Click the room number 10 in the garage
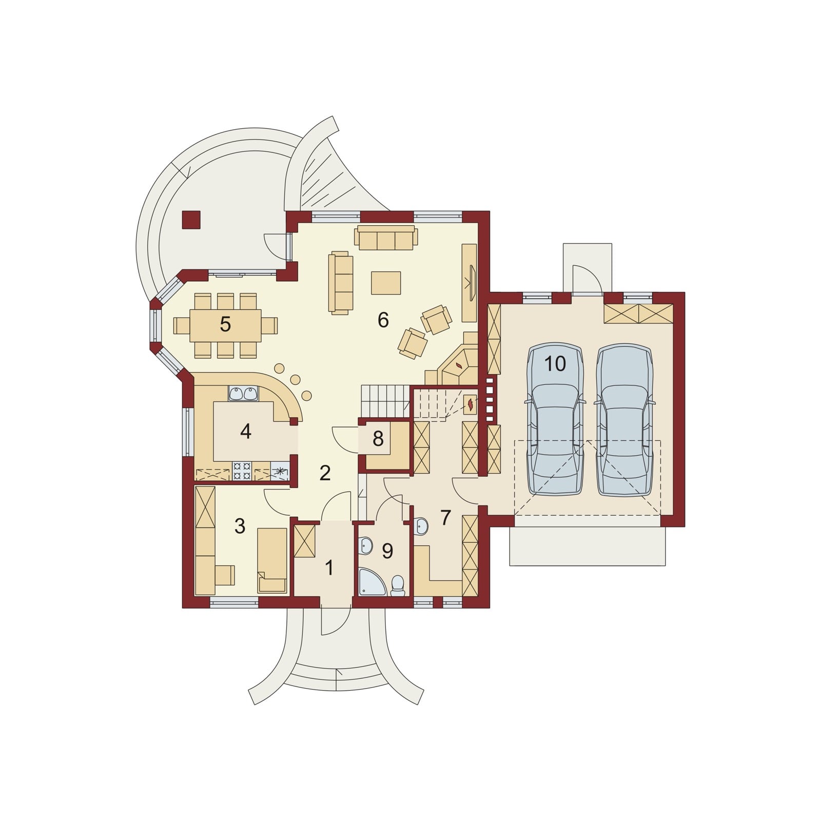tap(555, 364)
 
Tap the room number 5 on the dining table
tap(225, 324)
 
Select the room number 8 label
tap(378, 439)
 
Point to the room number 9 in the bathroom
tap(387, 551)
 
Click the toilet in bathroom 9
tap(398, 586)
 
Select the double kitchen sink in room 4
tap(243, 394)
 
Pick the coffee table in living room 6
tap(386, 282)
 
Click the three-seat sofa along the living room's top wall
tap(386, 238)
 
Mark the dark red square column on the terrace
tap(191, 220)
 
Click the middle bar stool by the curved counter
tap(296, 379)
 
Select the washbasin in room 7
tap(421, 526)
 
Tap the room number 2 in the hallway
tap(325, 473)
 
